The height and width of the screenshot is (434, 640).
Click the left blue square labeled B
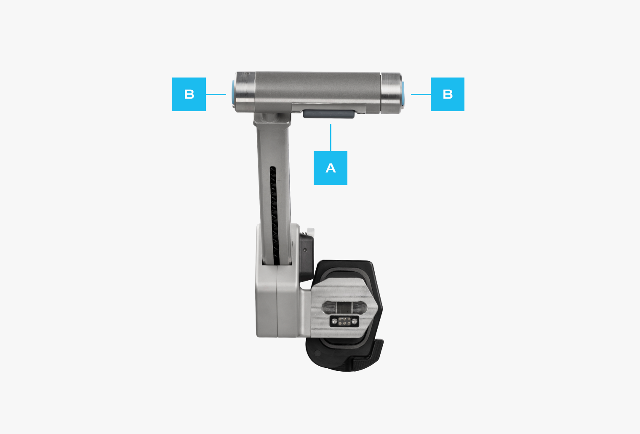click(189, 94)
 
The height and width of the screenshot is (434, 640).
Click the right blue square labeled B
click(448, 94)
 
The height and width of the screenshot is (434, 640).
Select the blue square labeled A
click(331, 168)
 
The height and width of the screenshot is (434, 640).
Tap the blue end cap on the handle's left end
click(233, 92)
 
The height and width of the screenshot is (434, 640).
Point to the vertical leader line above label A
click(331, 137)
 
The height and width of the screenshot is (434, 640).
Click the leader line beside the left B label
click(216, 94)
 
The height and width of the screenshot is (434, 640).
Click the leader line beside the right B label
click(421, 94)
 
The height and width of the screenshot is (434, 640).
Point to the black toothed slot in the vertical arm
click(274, 216)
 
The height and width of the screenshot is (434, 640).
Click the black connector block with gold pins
click(344, 321)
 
